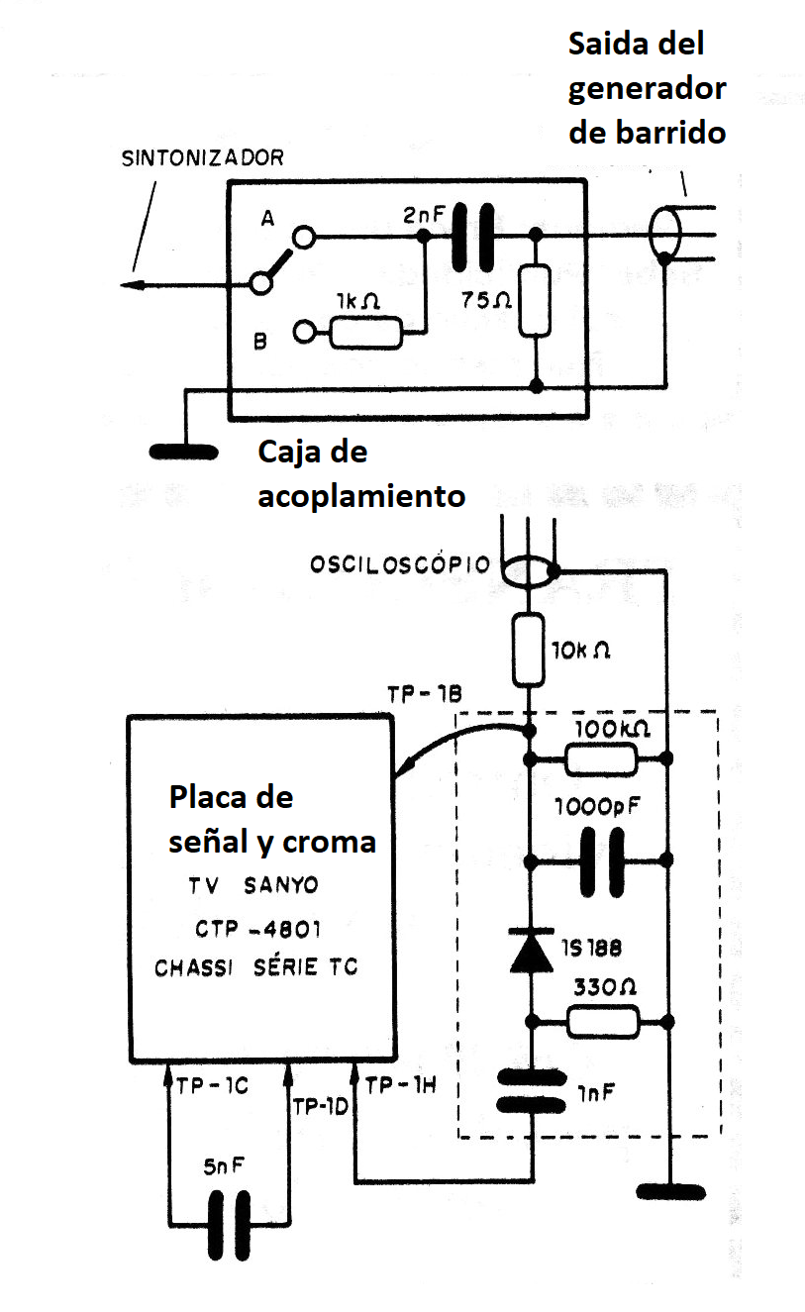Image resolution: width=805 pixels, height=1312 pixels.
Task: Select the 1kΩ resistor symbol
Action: pyautogui.click(x=365, y=333)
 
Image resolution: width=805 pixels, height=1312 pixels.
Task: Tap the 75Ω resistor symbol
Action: pyautogui.click(x=535, y=301)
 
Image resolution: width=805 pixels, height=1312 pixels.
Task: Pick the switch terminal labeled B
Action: pyautogui.click(x=304, y=333)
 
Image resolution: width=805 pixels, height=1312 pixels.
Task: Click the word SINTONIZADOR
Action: pyautogui.click(x=202, y=158)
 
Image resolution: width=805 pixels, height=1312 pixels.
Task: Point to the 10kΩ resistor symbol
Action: pyautogui.click(x=529, y=650)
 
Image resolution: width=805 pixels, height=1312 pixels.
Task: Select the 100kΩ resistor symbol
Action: pyautogui.click(x=600, y=760)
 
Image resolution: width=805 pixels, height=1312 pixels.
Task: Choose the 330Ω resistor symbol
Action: pyautogui.click(x=602, y=1021)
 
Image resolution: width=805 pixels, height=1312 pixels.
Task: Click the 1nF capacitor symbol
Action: pyautogui.click(x=530, y=1091)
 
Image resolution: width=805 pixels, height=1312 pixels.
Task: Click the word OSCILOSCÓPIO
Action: pyautogui.click(x=400, y=564)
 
